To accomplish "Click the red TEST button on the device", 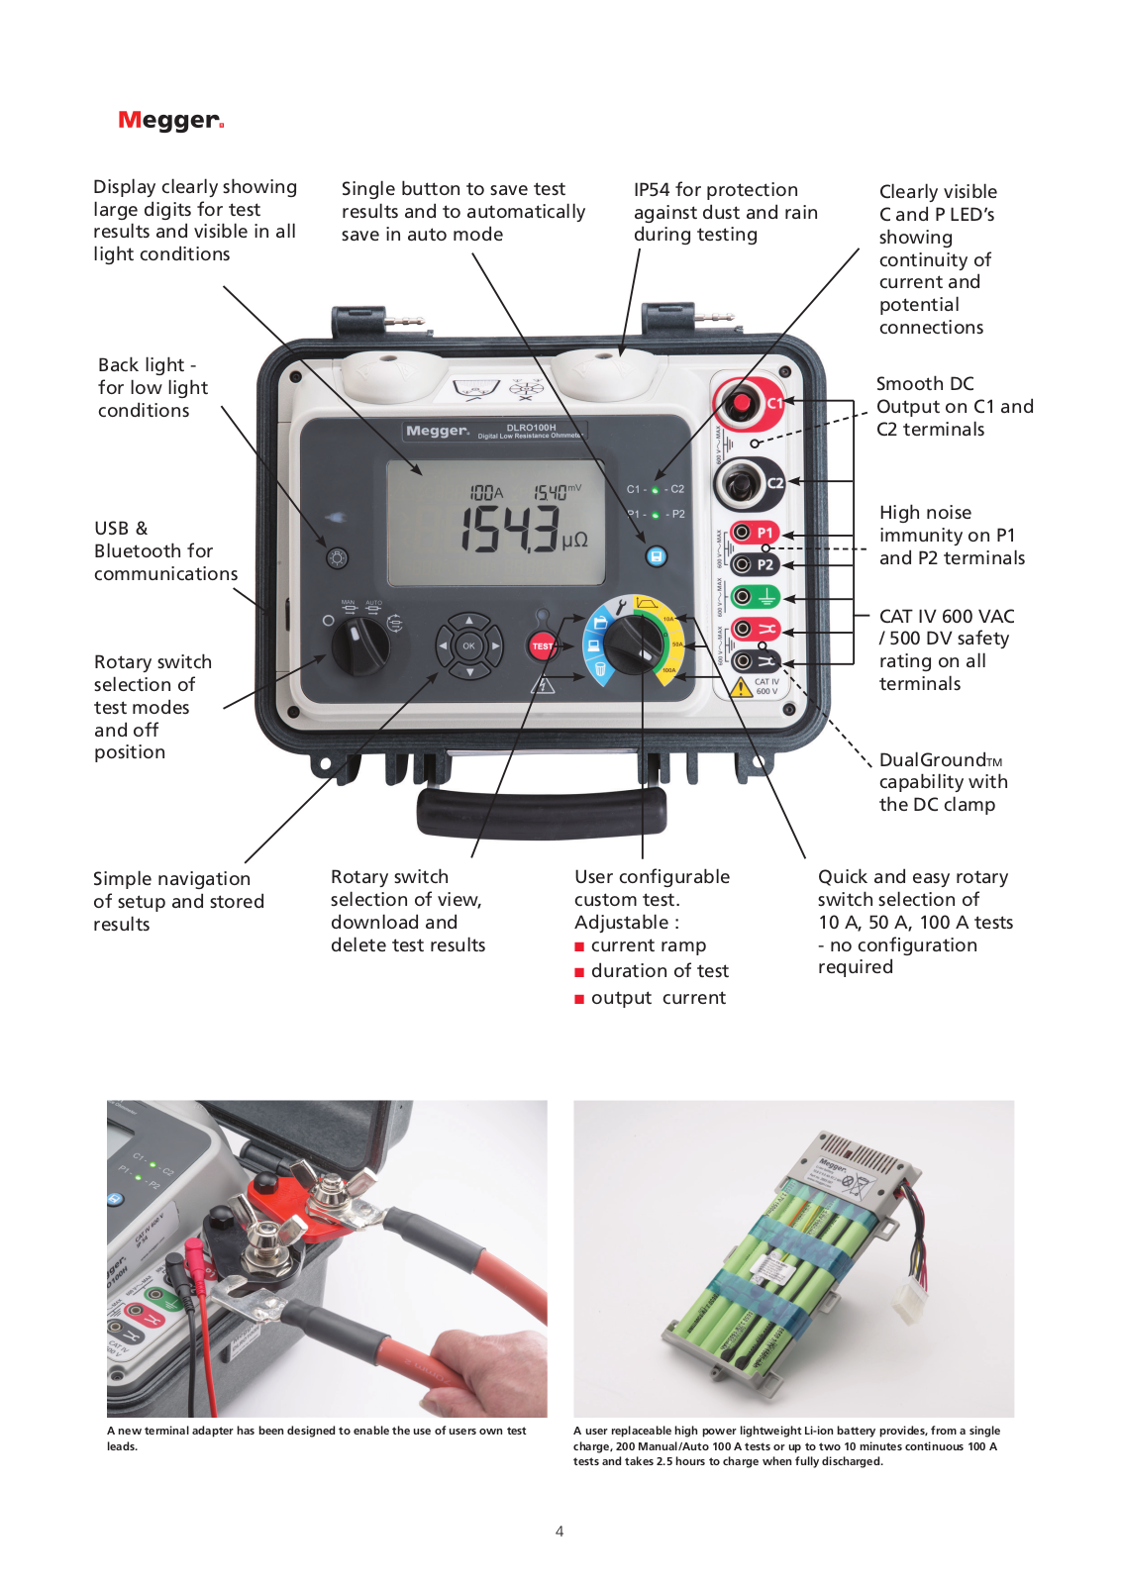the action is point(542,646).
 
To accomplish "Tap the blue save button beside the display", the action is point(656,556).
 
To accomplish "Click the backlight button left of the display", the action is point(338,558).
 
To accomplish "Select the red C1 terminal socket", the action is point(739,403).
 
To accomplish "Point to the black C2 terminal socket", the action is point(738,483).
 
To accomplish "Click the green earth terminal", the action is point(755,597).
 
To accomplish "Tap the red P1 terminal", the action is point(754,534).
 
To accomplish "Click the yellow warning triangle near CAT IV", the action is point(741,687).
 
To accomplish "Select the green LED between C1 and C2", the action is point(655,490).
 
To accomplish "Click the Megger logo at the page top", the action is point(170,121).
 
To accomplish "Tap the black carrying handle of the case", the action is point(541,811).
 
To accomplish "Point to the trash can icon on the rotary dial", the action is point(600,669).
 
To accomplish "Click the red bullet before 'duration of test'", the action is point(579,972).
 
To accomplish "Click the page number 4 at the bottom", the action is point(560,1532).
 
